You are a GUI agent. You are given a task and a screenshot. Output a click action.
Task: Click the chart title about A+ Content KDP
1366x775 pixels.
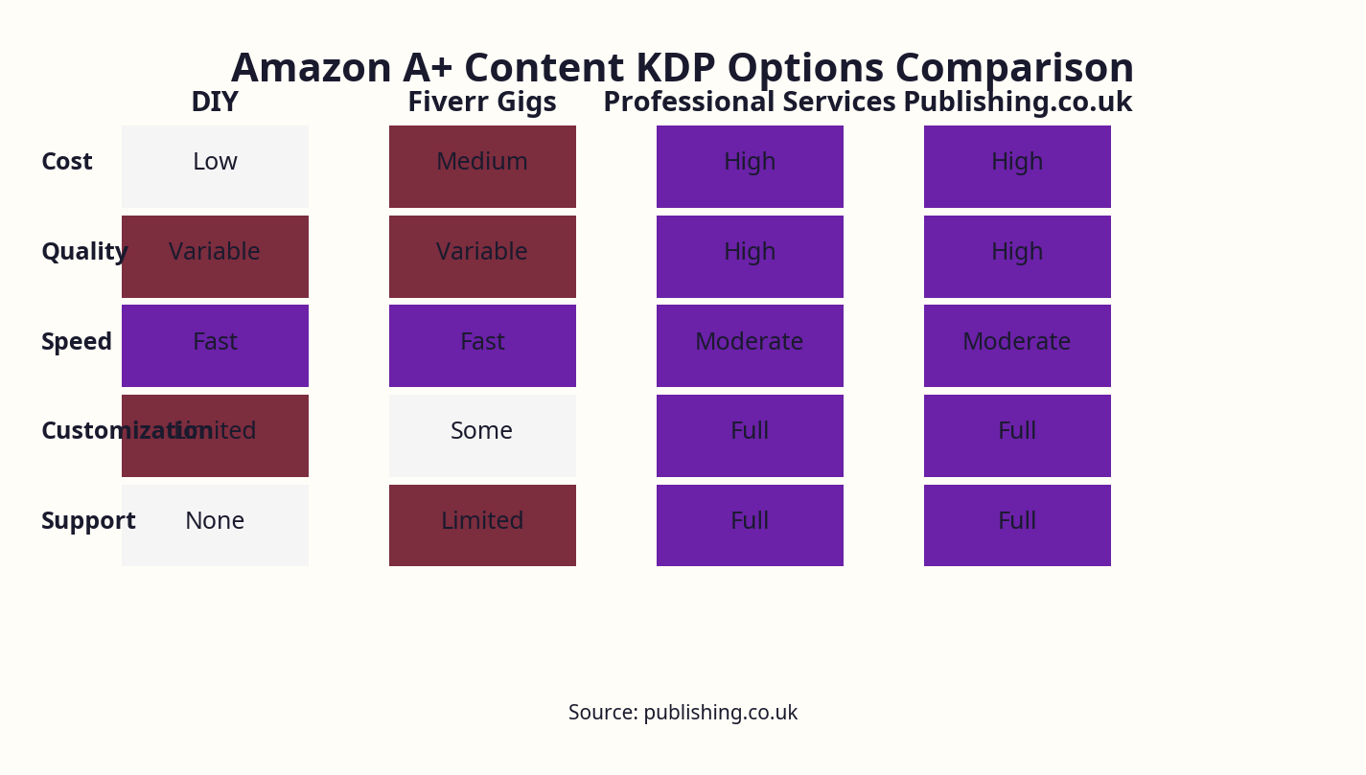[682, 68]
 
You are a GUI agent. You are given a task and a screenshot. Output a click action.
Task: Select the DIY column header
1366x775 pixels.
[215, 102]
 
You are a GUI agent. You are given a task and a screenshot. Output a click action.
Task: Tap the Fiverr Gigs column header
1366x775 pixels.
[482, 102]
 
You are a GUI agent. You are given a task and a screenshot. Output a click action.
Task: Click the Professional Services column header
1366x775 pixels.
[749, 102]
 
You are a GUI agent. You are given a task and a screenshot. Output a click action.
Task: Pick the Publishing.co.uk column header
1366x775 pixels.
[1017, 102]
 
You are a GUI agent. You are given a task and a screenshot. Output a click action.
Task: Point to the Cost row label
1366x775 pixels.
[67, 162]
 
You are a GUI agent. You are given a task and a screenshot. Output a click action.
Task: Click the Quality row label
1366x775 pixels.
[84, 252]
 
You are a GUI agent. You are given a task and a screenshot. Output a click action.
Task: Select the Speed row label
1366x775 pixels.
[77, 342]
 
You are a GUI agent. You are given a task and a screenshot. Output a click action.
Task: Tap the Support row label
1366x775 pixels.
[88, 521]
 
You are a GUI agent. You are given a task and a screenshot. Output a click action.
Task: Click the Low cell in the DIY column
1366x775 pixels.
[215, 166]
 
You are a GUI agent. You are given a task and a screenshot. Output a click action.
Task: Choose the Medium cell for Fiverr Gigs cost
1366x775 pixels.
[482, 166]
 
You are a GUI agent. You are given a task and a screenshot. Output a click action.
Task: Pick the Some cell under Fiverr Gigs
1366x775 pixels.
[482, 435]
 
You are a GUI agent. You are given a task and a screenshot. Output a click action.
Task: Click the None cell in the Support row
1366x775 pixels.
[215, 525]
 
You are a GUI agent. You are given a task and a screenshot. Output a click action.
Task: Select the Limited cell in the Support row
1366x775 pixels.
[482, 525]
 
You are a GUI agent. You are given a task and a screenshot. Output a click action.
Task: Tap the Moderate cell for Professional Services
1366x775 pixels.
[750, 345]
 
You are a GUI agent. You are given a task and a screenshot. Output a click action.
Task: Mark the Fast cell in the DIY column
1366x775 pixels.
[215, 345]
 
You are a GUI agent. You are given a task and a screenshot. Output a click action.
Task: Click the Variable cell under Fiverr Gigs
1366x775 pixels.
[482, 256]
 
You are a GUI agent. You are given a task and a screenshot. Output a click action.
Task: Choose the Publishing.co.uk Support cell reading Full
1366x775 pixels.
[1017, 525]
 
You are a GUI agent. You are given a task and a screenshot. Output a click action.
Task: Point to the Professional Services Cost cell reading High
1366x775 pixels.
[750, 166]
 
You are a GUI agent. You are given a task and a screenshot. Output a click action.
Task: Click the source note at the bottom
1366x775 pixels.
[683, 713]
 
